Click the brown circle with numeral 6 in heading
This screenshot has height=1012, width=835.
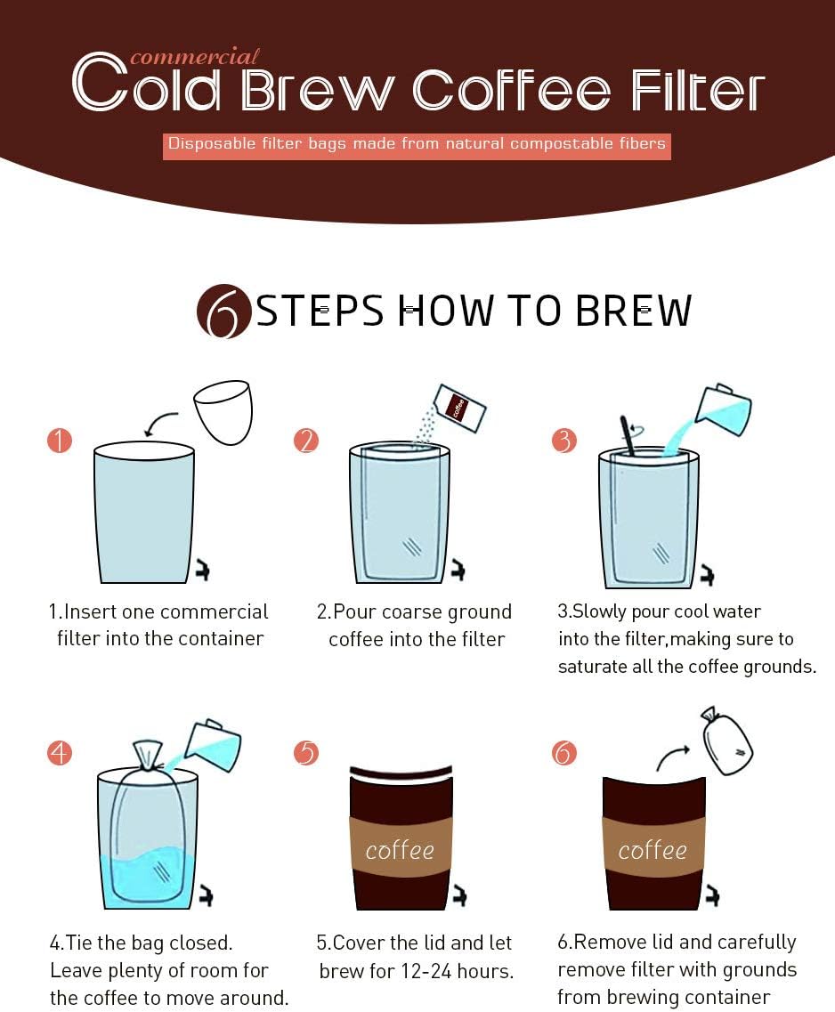pos(223,312)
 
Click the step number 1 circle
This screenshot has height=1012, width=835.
pos(59,440)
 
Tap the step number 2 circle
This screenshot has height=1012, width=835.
pos(306,440)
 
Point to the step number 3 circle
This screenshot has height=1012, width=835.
pos(563,440)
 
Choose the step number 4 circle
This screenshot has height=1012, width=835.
pos(59,753)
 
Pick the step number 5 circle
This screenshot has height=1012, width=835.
pos(306,753)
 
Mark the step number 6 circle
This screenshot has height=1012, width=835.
pos(563,753)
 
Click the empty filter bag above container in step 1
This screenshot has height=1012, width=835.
pos(224,411)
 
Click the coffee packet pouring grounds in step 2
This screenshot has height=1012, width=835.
pos(460,408)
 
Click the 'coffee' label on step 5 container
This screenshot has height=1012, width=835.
pos(399,850)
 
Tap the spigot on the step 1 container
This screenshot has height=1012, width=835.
pos(202,571)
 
